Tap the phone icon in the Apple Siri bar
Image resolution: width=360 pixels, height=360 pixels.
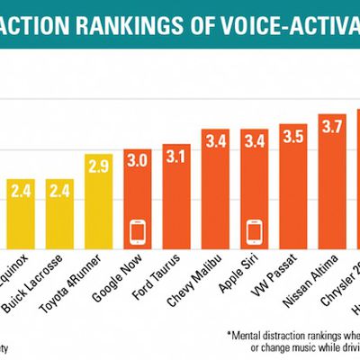[255, 232]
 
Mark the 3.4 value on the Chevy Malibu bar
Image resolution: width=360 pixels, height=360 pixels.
[217, 142]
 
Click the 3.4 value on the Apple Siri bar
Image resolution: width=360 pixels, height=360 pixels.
[255, 142]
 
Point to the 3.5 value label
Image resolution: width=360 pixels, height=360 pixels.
[292, 137]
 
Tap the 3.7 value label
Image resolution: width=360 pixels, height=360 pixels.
[331, 127]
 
